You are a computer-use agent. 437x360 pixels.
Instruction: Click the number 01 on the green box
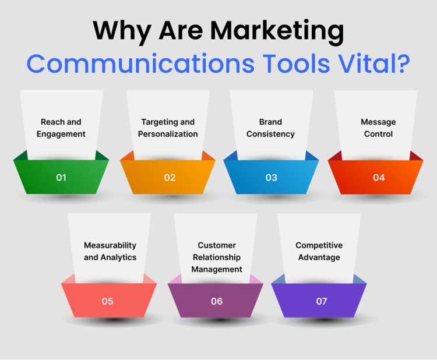(61, 178)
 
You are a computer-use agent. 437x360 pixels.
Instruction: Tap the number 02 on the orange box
(170, 178)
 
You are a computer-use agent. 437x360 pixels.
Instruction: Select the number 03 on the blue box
(271, 178)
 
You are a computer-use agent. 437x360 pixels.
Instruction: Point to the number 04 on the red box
(379, 178)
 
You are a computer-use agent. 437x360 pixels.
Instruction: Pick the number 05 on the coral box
(108, 301)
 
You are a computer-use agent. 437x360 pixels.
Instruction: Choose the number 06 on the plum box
(217, 301)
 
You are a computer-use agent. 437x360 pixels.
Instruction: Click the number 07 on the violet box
(321, 301)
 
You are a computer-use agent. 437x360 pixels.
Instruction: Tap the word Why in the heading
(122, 31)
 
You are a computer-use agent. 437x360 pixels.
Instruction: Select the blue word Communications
(140, 64)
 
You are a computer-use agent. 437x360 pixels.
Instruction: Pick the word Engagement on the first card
(61, 135)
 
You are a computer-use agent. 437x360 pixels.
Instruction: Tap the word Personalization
(168, 134)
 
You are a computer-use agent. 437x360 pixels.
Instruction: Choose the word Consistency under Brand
(270, 135)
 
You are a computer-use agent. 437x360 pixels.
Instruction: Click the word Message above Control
(378, 122)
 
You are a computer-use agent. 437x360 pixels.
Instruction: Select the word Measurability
(110, 245)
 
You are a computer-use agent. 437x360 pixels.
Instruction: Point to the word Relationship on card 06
(217, 257)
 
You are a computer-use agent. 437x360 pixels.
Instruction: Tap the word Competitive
(319, 245)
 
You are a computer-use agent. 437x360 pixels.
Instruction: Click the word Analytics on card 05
(119, 257)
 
